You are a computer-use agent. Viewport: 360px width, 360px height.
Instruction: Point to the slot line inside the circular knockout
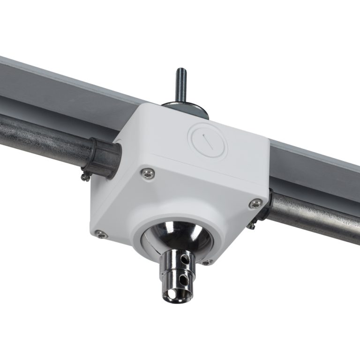point(207,139)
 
